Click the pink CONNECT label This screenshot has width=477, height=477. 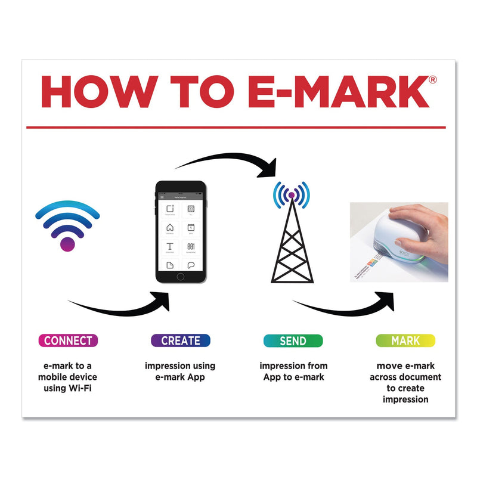click(68, 340)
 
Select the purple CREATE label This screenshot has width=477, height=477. click(180, 340)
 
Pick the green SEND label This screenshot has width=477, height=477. click(293, 340)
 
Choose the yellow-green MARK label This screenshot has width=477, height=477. click(405, 340)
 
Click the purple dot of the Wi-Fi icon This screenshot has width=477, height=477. click(67, 243)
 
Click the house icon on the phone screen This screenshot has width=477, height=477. click(170, 228)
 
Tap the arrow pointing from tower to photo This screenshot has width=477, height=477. click(346, 307)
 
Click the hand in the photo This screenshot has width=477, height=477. click(417, 224)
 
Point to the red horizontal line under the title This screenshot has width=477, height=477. click(236, 127)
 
